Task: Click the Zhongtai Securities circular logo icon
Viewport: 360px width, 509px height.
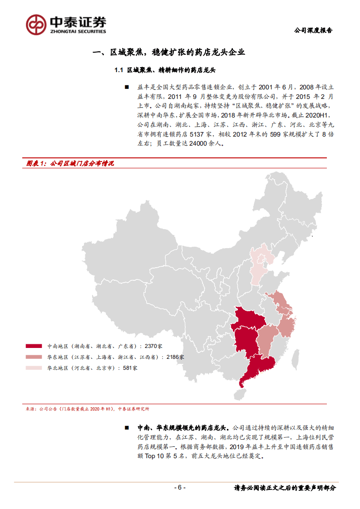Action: click(36, 24)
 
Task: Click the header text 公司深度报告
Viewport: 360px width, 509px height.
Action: click(313, 31)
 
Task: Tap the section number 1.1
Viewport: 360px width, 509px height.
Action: click(119, 70)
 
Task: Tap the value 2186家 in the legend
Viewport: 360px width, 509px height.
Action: click(175, 357)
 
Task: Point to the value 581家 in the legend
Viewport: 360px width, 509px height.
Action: click(129, 368)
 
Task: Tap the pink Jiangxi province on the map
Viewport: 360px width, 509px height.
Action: click(266, 340)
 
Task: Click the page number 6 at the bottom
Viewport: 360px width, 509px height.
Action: click(180, 488)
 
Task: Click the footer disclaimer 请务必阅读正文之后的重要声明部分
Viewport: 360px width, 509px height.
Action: click(285, 488)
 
